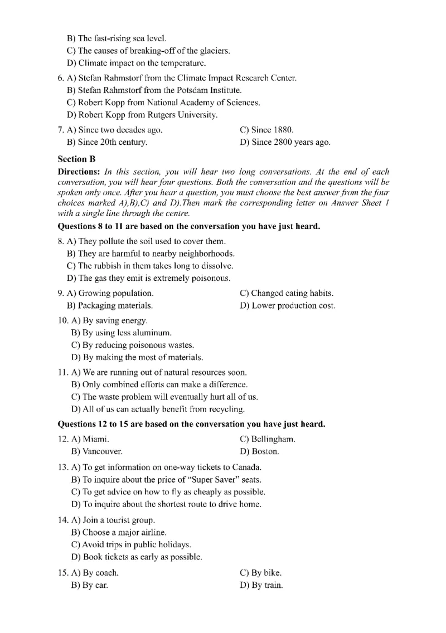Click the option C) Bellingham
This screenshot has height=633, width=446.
(x=267, y=439)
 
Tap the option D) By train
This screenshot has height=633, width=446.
(x=261, y=585)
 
